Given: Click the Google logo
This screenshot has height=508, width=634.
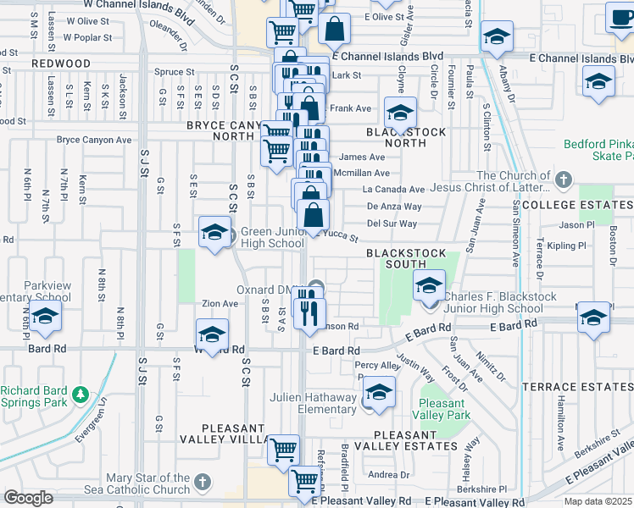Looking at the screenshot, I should [x=28, y=498].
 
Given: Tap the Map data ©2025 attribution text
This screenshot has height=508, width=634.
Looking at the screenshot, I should [x=598, y=501].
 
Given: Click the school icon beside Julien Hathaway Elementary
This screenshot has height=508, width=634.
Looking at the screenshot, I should [x=379, y=392].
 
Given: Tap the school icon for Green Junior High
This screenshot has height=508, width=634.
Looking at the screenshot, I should [x=214, y=231].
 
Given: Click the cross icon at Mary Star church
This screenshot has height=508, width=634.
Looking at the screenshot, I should [x=202, y=483].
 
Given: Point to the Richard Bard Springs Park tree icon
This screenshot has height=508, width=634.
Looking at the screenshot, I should [x=81, y=395].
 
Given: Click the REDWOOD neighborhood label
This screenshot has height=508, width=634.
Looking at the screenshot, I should [x=61, y=63].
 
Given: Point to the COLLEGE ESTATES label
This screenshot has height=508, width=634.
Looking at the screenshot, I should [x=576, y=205].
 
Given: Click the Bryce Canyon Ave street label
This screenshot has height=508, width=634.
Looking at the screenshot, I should [x=94, y=140].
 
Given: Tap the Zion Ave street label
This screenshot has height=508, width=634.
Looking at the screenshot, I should [x=220, y=303].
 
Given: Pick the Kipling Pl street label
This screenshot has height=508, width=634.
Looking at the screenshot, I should [x=567, y=246].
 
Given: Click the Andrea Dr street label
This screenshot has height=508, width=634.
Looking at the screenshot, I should [x=389, y=475].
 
